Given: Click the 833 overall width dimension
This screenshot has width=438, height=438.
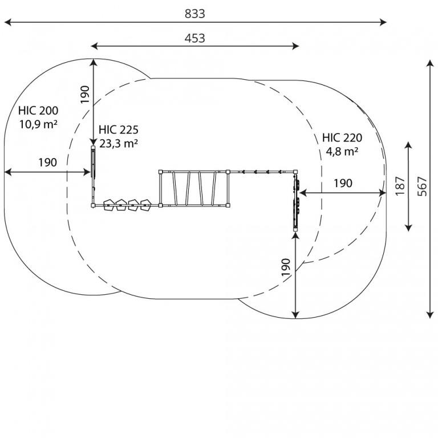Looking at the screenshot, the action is [195, 14].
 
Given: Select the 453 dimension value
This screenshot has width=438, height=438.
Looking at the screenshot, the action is [195, 38].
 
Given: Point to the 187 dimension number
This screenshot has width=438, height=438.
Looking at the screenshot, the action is [400, 186].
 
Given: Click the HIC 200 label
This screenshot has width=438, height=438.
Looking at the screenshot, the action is [38, 111].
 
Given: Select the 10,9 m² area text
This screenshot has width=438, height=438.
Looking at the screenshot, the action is [38, 124].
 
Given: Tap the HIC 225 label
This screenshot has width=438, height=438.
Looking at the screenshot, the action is [119, 130].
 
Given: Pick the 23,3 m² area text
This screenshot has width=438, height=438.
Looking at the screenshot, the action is [119, 144].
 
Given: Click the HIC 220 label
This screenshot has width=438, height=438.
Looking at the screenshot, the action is [342, 137].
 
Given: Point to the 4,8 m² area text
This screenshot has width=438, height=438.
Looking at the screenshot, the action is [342, 151].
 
